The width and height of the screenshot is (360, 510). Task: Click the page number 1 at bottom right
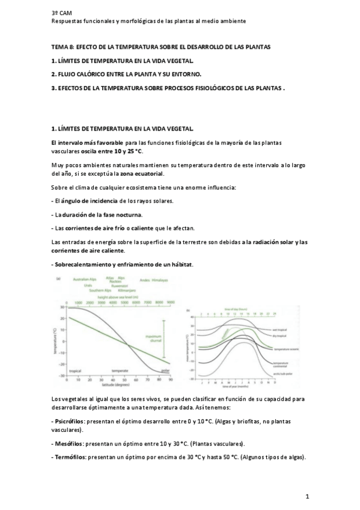(307, 496)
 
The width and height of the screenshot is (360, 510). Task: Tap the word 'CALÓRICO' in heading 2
(90, 74)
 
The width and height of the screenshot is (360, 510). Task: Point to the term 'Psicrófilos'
(69, 418)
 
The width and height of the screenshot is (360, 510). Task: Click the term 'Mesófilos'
(68, 444)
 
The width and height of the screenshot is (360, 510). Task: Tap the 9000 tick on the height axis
(171, 302)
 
